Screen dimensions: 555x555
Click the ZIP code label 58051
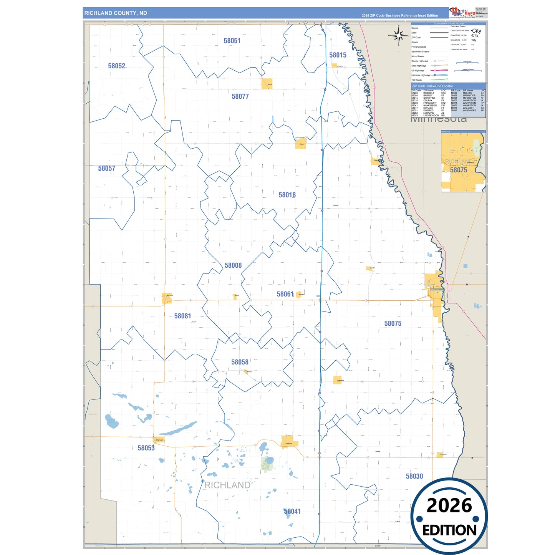(232, 41)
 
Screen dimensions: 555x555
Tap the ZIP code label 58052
(116, 66)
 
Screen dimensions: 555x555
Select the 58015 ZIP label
(338, 55)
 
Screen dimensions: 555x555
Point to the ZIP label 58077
(240, 97)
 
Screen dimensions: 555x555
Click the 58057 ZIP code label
(106, 169)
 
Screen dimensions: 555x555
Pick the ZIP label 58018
(287, 195)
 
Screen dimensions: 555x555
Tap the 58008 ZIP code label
(233, 265)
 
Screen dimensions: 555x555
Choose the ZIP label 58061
(285, 294)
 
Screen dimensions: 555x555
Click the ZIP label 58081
(182, 316)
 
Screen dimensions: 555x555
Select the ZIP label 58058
(240, 362)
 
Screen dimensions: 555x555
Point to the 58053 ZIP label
(146, 448)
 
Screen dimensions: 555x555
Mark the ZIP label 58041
(292, 512)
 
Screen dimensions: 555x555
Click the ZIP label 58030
(414, 476)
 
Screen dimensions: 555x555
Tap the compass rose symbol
(399, 36)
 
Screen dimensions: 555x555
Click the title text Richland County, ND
(116, 13)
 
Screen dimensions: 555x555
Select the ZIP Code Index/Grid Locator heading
(432, 86)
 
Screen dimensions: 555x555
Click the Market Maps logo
(462, 12)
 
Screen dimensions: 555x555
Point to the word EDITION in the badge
(449, 530)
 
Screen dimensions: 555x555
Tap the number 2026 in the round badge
(449, 506)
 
